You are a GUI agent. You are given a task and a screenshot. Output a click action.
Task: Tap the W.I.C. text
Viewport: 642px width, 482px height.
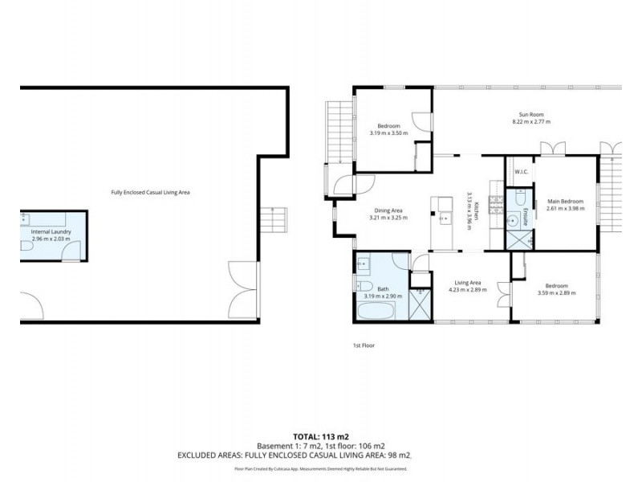(520, 171)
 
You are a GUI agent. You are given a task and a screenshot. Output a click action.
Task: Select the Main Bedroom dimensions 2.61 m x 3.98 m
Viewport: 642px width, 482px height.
(566, 208)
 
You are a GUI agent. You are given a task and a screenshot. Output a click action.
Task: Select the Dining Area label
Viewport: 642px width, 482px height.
(385, 210)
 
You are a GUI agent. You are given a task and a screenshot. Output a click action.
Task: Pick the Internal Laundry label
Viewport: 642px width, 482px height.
(51, 232)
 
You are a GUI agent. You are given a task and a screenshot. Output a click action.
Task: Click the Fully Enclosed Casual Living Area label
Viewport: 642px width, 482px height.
(150, 193)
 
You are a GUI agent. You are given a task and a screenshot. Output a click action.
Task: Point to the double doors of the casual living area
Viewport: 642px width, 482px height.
(243, 288)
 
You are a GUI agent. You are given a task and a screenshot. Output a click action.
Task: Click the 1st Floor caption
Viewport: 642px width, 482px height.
(364, 345)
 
